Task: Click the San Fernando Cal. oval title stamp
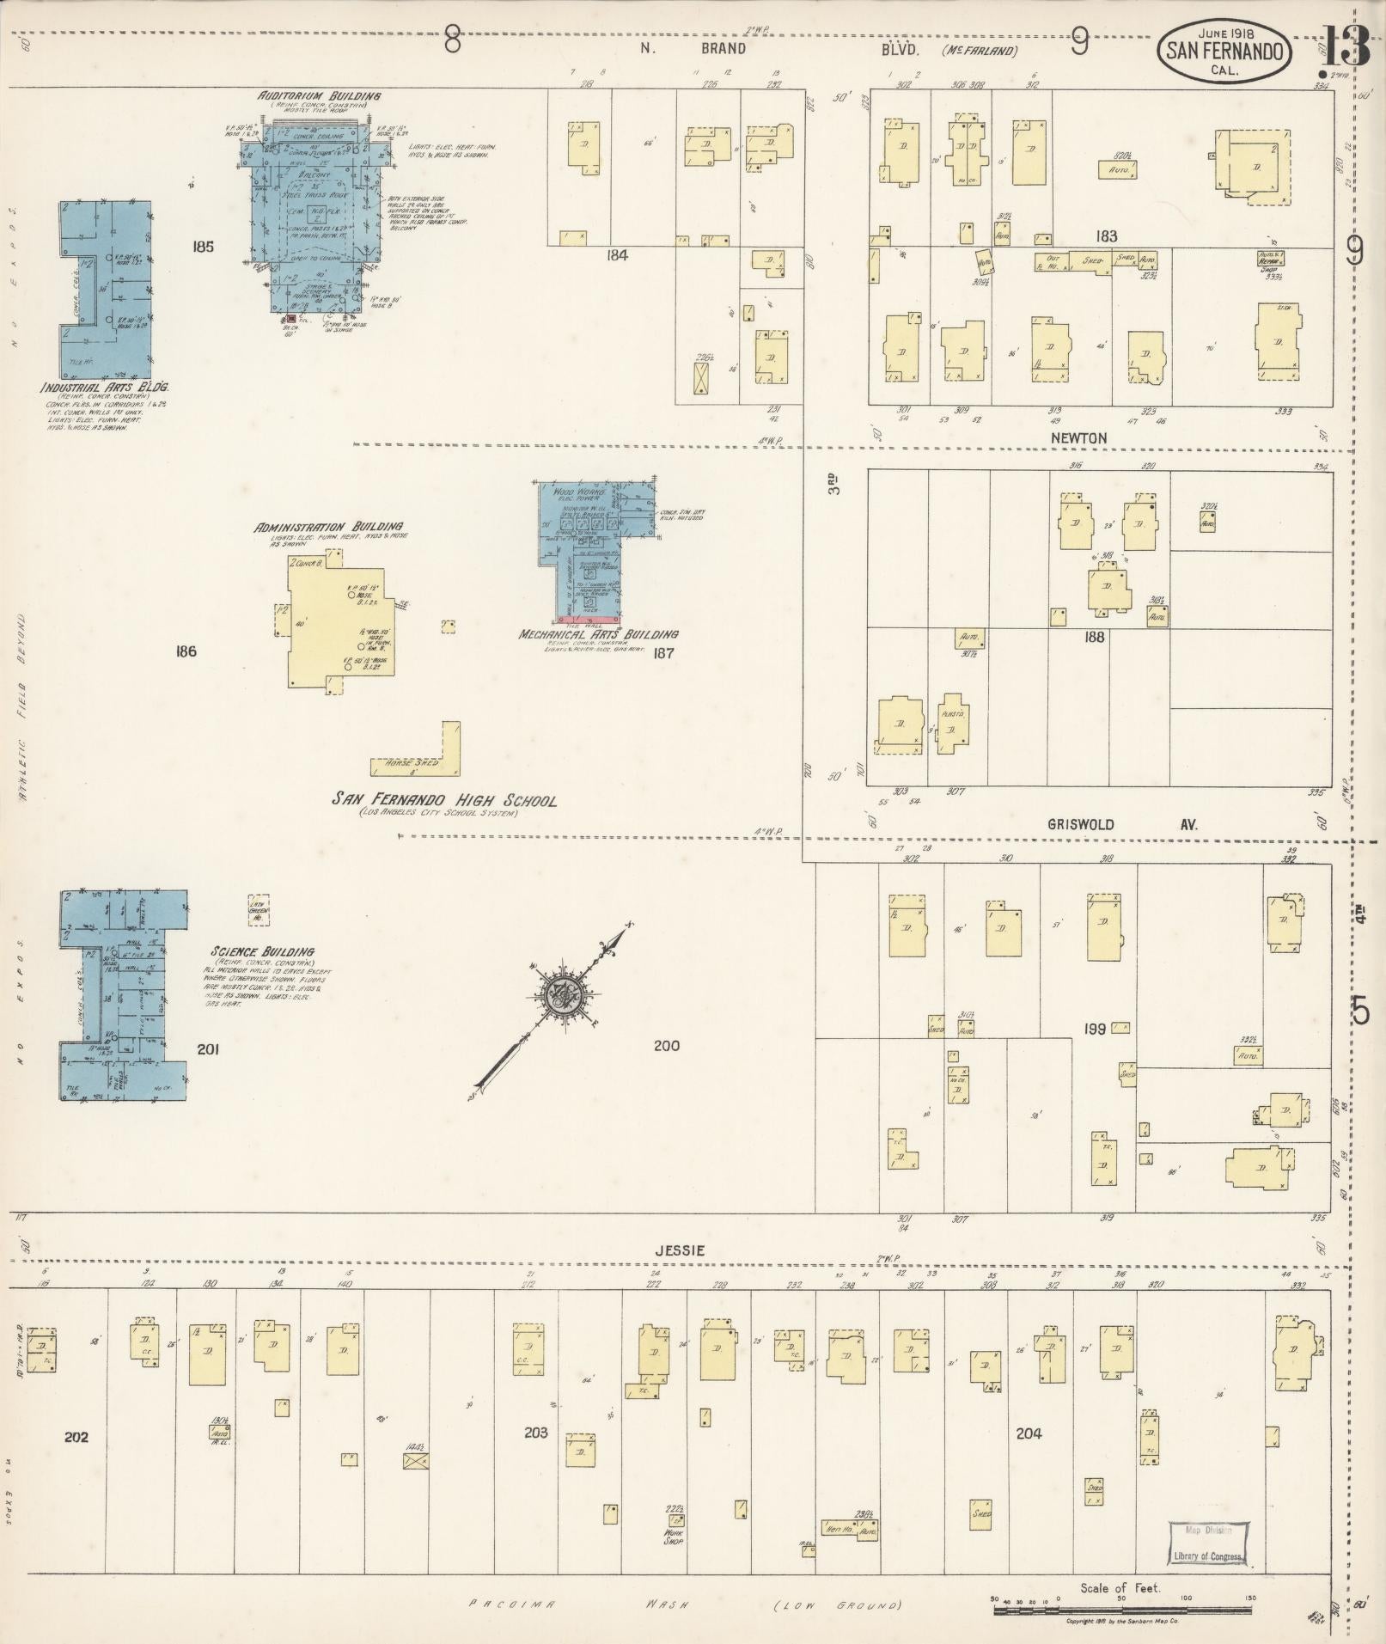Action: (1225, 52)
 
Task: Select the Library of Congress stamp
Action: (1207, 1544)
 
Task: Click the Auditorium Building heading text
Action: (320, 95)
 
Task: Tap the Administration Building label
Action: (328, 526)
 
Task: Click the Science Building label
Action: (262, 952)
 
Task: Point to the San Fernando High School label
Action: (444, 800)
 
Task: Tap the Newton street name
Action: (1078, 438)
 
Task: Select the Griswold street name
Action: (1080, 824)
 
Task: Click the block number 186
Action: (186, 651)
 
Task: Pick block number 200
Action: (666, 1045)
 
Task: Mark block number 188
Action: (1094, 637)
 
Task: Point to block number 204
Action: (1029, 1433)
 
